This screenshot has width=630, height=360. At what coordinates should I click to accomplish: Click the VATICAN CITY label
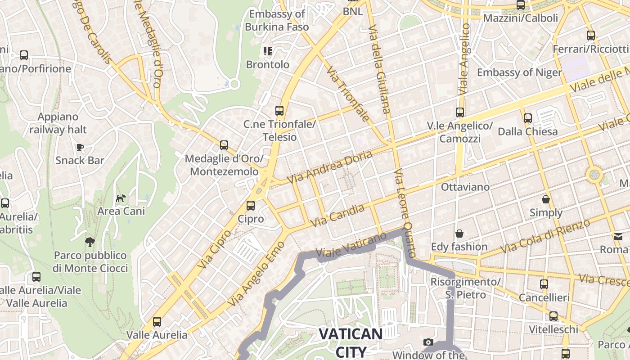tap(351, 342)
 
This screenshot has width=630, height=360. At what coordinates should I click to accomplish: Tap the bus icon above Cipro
tap(251, 206)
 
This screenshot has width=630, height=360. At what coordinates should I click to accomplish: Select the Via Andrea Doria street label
tap(330, 167)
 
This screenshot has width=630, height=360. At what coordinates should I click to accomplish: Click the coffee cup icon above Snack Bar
tap(80, 147)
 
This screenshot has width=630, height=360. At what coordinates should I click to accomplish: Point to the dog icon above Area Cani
tap(121, 198)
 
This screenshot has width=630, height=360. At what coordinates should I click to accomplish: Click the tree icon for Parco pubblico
tap(90, 242)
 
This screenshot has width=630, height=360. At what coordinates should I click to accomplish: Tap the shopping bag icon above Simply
tap(546, 199)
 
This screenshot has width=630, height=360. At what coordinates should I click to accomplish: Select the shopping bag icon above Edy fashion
tap(459, 234)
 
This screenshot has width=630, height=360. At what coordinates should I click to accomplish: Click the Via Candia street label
tap(337, 216)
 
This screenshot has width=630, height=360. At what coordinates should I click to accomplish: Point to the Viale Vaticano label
tap(351, 245)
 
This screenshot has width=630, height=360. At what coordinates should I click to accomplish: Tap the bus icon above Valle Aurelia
tap(157, 322)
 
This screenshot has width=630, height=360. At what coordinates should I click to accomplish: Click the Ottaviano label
tap(465, 186)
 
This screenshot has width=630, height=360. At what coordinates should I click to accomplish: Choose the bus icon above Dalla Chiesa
tap(527, 118)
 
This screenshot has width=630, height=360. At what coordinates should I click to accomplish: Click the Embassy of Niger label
tap(519, 72)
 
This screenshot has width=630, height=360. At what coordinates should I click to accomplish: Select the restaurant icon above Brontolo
tap(268, 51)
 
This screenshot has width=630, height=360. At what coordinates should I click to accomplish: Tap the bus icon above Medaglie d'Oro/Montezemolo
tap(224, 145)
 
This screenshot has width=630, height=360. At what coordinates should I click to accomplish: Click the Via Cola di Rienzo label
tap(544, 236)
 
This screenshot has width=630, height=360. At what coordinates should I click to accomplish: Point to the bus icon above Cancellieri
tap(544, 284)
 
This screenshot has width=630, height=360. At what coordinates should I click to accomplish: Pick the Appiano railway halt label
tap(58, 123)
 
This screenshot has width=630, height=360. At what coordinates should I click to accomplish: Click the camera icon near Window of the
tap(428, 342)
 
